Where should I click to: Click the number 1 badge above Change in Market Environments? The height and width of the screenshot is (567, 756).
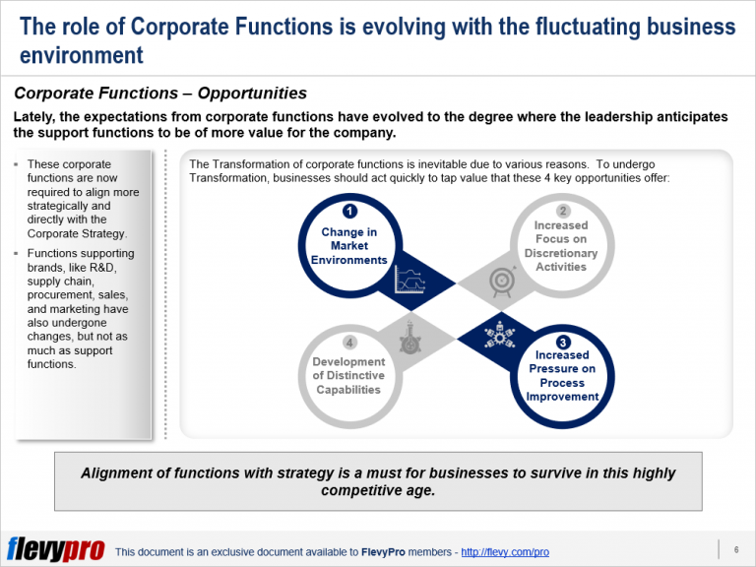point(348,211)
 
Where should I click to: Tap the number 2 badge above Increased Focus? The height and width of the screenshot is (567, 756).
point(562,211)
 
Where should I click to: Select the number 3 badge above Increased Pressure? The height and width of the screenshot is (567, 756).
point(562,341)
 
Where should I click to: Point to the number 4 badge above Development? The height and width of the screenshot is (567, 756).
point(348,342)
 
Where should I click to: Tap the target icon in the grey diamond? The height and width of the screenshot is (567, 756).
point(501,281)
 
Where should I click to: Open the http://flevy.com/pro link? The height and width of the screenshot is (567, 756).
point(505,552)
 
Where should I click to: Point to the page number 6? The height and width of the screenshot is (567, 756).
point(736,548)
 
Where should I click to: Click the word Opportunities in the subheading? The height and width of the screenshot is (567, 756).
point(252,94)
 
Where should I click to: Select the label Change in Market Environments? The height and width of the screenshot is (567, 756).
point(348,246)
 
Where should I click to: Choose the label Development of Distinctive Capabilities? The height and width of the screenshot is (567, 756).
point(348,375)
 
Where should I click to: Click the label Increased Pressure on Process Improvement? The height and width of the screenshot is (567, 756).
point(562,375)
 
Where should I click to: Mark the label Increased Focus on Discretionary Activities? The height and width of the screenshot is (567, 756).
point(562,246)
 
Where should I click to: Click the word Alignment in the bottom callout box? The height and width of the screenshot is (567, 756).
point(117,472)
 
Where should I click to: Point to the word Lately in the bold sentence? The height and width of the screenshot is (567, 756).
point(36,116)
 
